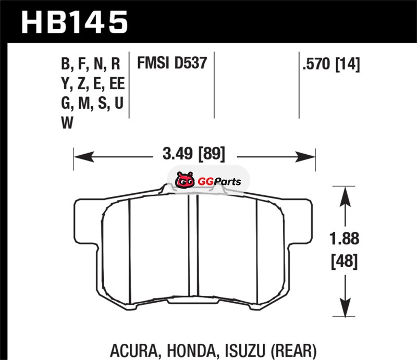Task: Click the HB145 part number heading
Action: click(x=75, y=22)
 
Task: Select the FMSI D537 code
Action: click(x=172, y=63)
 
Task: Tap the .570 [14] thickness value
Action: click(x=332, y=64)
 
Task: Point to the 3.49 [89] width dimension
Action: click(x=194, y=154)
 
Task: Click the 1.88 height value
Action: click(x=345, y=238)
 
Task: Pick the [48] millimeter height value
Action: click(x=345, y=261)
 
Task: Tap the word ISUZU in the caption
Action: click(x=245, y=351)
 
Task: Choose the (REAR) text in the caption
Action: click(x=293, y=351)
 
